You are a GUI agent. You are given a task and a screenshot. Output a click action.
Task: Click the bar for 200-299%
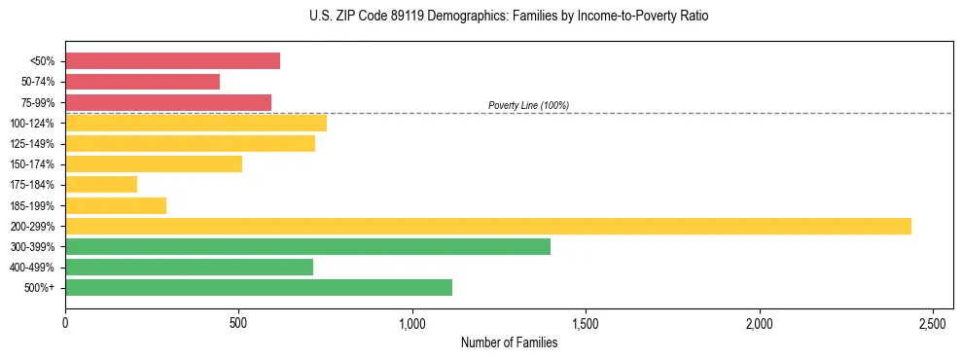coord(487,226)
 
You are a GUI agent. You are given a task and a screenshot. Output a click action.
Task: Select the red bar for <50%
coord(172,61)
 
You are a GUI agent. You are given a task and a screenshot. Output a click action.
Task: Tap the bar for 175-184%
coord(101,185)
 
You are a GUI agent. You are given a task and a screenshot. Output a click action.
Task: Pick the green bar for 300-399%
coord(307,246)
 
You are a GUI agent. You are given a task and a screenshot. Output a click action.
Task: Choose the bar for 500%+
coord(259,287)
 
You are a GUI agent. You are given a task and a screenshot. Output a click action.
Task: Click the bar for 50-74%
coord(142,82)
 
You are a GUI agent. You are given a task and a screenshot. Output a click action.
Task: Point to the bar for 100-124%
coord(196,123)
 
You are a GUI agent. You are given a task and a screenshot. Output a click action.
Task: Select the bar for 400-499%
coord(189,267)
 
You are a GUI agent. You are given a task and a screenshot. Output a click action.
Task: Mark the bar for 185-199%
coord(116,205)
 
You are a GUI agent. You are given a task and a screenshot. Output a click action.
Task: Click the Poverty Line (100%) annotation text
coord(528,105)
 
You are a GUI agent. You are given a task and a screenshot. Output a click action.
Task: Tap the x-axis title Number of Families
coord(509,342)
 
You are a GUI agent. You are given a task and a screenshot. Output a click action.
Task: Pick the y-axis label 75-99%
coord(37,102)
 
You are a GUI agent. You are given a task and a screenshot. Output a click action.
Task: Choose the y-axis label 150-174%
coord(33,164)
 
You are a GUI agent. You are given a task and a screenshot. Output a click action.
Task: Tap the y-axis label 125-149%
coord(33,144)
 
